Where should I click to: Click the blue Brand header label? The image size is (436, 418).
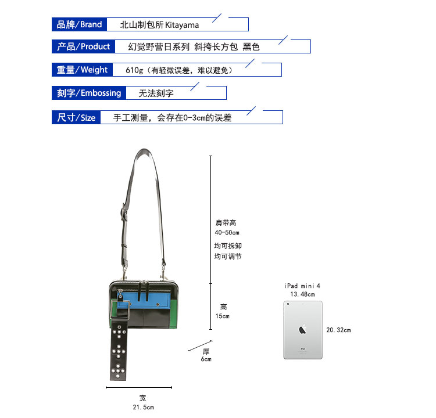tap(79, 24)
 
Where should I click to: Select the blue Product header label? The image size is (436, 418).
tap(84, 46)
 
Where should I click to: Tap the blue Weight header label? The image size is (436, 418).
tap(82, 70)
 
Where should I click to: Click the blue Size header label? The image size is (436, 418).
tap(76, 117)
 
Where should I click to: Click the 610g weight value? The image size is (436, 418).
tap(134, 70)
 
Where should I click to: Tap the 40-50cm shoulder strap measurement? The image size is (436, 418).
tap(227, 232)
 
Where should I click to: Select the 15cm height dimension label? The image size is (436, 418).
tap(223, 316)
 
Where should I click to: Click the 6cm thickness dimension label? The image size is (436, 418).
tap(206, 359)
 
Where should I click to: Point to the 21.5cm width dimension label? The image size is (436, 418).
tap(142, 407)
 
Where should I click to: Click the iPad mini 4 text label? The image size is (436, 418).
tap(302, 286)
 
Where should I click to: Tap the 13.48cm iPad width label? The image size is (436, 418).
tap(302, 294)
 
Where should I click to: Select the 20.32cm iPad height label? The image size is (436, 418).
tap(338, 330)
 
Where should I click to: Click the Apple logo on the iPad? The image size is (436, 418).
tap(302, 329)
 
